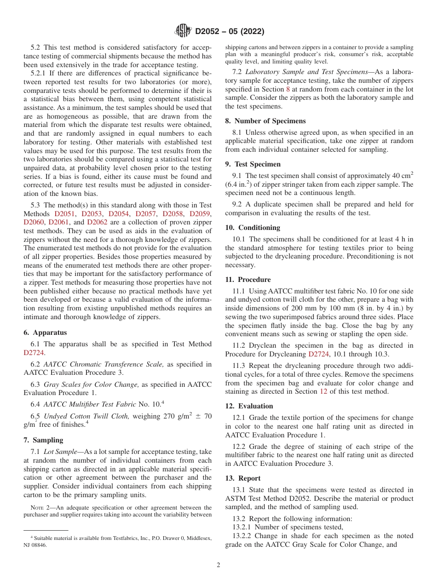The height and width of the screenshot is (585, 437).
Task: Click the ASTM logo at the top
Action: [184, 31]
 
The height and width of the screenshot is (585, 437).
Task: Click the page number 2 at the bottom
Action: [218, 565]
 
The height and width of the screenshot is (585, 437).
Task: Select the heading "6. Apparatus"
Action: [45, 333]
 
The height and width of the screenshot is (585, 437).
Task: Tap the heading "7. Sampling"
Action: [43, 440]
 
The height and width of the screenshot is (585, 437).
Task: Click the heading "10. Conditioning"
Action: [252, 228]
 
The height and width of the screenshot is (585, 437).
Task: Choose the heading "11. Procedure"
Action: [248, 280]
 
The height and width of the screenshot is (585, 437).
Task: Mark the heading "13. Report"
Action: [243, 478]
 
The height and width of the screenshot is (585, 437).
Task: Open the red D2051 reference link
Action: [64, 214]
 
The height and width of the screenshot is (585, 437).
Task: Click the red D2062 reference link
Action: [97, 222]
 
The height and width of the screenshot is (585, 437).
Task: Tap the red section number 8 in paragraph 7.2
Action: [288, 89]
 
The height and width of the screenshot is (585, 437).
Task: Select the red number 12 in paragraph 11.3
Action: [323, 392]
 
